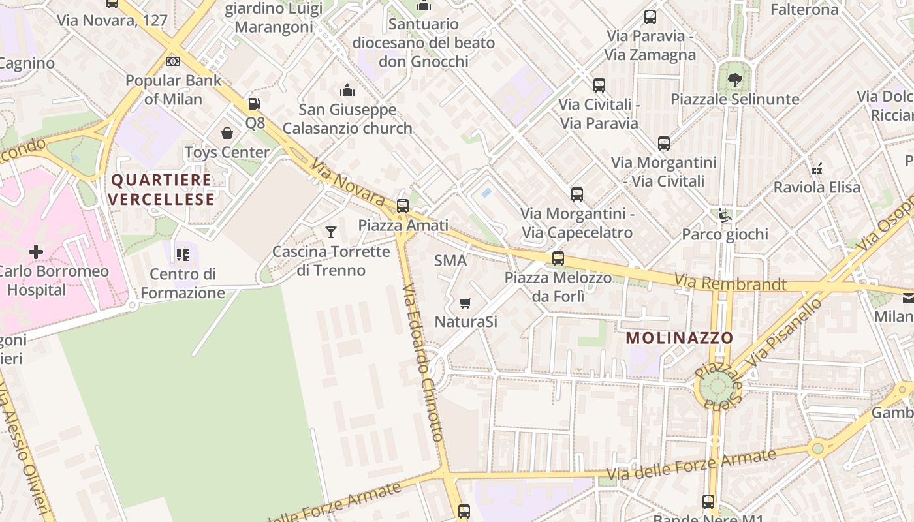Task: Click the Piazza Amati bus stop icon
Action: [403, 206]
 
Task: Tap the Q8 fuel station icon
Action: [254, 104]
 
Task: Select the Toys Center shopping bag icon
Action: [227, 133]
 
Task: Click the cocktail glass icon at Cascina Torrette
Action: [331, 232]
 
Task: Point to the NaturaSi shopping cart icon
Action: [465, 303]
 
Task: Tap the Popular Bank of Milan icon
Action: [173, 61]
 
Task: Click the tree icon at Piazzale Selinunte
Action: [735, 80]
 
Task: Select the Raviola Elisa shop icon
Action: [816, 168]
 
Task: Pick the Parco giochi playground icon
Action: [723, 215]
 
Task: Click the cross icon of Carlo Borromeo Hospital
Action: [36, 252]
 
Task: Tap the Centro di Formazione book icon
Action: [182, 254]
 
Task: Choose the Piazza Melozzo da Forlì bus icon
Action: [558, 258]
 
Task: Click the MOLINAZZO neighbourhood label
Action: [680, 338]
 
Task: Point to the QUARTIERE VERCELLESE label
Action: [161, 189]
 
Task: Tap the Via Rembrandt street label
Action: [731, 283]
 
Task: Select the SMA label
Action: [450, 261]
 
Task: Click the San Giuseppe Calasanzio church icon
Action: [347, 90]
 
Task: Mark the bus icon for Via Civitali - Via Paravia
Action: [599, 85]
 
